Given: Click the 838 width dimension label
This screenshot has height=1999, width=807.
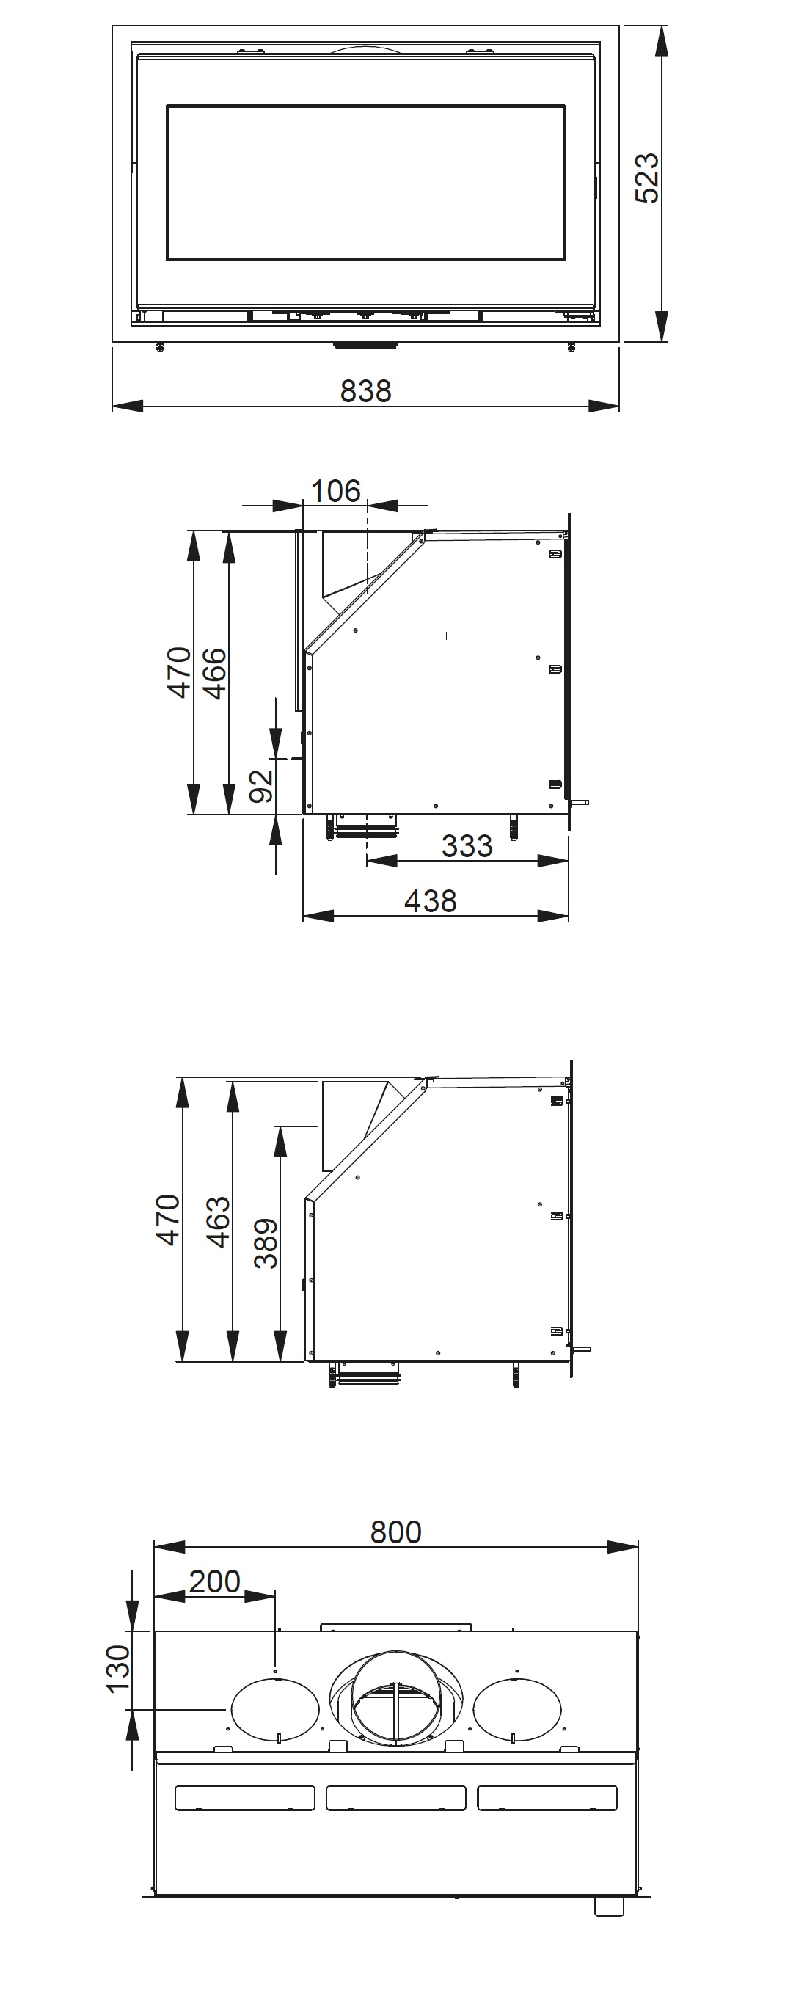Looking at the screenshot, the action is [x=365, y=390].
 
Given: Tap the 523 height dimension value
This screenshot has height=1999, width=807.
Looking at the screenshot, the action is [x=646, y=178].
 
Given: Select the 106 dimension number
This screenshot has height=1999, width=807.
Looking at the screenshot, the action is [x=335, y=490].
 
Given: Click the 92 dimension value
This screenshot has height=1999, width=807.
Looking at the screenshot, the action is [x=261, y=785].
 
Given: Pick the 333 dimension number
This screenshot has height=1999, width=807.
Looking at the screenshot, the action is [x=467, y=845].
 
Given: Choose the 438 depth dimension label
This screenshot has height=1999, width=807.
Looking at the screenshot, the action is [x=430, y=900].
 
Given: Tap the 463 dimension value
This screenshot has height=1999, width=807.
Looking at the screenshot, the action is [x=218, y=1221].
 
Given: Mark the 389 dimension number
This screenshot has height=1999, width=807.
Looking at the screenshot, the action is [x=266, y=1243].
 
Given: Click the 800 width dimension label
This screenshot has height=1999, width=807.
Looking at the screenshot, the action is [x=395, y=1532].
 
